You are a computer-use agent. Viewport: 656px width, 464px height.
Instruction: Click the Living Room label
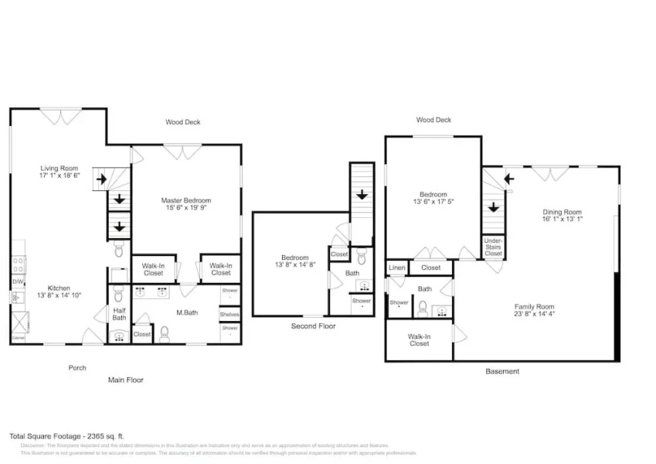click(59, 168)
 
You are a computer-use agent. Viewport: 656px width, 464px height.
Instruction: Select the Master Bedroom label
click(185, 200)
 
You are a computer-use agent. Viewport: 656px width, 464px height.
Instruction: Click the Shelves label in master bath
click(229, 314)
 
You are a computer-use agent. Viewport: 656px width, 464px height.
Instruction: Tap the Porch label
click(76, 367)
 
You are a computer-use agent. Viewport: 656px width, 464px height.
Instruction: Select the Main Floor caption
click(125, 380)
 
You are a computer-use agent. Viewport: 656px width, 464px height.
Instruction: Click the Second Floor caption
click(314, 326)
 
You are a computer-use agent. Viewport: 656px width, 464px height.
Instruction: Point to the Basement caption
click(502, 371)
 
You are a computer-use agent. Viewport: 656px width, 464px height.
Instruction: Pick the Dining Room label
click(562, 212)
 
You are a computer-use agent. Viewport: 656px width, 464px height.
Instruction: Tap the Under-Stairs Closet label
click(493, 247)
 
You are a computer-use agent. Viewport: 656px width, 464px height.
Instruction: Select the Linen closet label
click(396, 268)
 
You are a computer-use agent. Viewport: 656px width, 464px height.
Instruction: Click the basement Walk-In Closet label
click(419, 339)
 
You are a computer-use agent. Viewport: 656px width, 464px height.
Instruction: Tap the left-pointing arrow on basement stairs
click(508, 179)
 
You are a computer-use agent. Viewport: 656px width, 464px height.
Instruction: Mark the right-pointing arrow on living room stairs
click(100, 180)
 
